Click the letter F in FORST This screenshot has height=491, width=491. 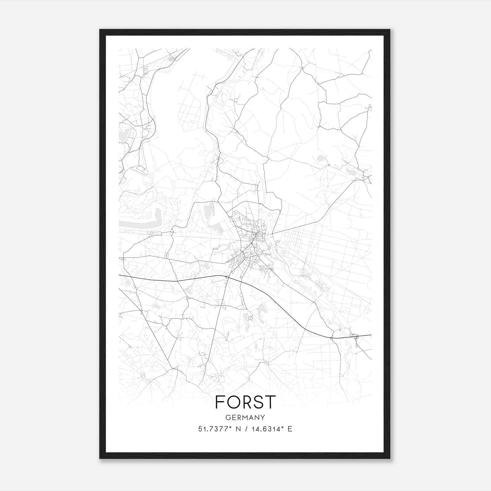coord(220,402)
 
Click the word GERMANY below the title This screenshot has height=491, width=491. coord(245,417)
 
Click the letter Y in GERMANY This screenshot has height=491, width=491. coord(263,417)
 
